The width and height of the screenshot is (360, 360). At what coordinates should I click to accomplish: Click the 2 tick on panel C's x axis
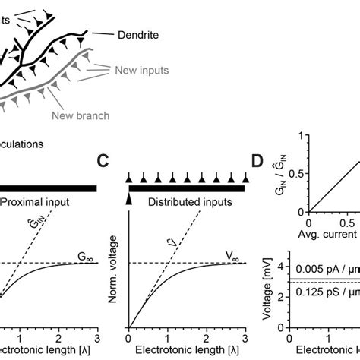click(206, 339)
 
